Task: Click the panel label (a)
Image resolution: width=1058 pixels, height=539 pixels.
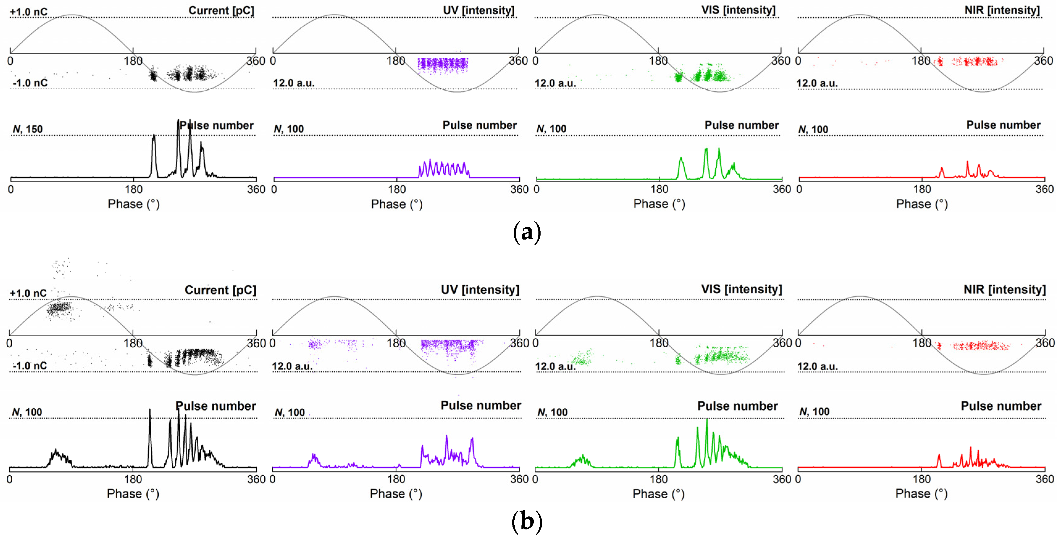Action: (x=527, y=232)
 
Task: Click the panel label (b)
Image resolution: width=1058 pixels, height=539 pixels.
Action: (x=527, y=521)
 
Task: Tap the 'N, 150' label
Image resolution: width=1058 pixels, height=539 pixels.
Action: (x=27, y=129)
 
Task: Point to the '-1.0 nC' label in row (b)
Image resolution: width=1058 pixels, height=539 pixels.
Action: (x=30, y=365)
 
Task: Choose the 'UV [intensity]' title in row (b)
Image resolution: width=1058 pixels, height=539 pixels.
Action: (x=480, y=290)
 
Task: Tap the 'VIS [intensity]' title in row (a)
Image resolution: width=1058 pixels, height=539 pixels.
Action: (x=738, y=10)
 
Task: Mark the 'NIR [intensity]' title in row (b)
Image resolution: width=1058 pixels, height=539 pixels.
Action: (x=1004, y=290)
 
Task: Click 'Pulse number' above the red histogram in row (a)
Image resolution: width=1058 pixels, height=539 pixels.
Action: (x=1003, y=125)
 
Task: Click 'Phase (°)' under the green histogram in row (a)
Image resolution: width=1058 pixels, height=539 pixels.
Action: (x=659, y=204)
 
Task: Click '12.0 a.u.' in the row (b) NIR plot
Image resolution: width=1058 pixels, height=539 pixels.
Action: (x=817, y=366)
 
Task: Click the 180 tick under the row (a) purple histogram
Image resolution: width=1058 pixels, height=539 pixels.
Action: (x=397, y=189)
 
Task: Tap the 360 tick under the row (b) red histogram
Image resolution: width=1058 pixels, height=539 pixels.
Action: (x=1045, y=479)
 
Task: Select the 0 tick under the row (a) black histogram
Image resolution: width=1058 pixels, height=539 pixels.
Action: (x=11, y=189)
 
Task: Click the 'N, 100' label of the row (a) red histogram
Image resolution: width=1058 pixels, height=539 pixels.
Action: (x=813, y=129)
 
